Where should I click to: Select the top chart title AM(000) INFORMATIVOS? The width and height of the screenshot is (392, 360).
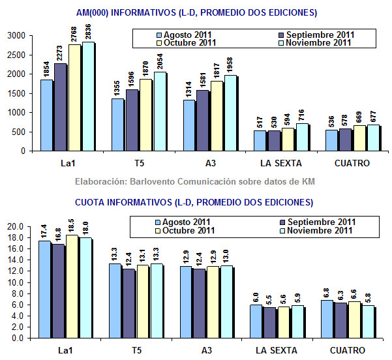click(x=196, y=12)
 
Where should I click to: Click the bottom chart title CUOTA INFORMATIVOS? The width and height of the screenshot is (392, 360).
click(x=196, y=202)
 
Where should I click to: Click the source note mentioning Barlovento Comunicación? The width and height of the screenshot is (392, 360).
click(x=196, y=181)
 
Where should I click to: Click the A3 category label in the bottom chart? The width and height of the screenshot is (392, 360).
click(x=207, y=350)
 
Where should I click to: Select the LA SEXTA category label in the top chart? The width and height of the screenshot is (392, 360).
click(x=277, y=163)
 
